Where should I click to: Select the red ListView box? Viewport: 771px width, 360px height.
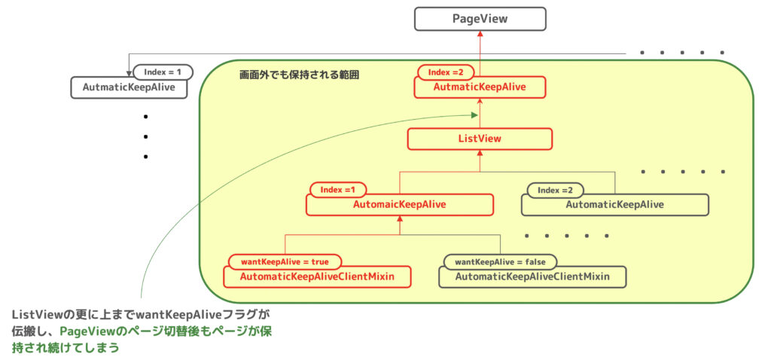coord(480,139)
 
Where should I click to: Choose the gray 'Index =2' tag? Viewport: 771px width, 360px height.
coord(555,190)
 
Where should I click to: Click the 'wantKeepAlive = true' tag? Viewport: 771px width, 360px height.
coord(284,261)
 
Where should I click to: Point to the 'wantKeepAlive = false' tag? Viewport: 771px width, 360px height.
coord(500,261)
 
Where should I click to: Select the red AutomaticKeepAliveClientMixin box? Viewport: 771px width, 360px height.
coord(316,276)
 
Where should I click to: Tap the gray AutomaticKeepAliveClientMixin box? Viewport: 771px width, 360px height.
coord(532,277)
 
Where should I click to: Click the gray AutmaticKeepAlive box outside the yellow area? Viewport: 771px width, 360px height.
coord(129,87)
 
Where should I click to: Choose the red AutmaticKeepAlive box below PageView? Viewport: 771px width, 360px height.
coord(480,87)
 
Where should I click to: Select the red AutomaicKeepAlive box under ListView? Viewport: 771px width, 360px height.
coord(399,204)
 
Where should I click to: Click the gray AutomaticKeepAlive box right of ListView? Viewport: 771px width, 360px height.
coord(614,204)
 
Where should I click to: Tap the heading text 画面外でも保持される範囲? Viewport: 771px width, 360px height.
coord(299,76)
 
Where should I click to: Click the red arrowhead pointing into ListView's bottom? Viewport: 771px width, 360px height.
coord(480,154)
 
